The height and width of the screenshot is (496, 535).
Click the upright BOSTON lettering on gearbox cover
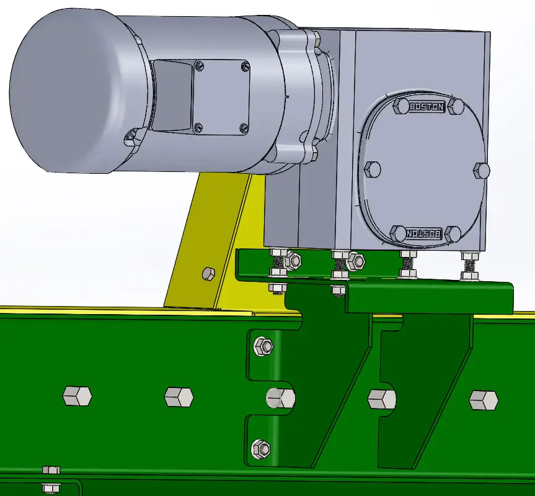427,107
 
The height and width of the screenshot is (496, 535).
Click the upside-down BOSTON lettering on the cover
425,234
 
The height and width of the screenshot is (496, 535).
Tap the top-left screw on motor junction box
199,65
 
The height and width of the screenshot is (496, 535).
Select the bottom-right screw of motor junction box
244,129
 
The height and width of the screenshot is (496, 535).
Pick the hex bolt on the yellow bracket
208,273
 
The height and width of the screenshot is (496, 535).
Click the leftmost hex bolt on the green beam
77,395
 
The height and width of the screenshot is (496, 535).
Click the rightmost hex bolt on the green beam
484,400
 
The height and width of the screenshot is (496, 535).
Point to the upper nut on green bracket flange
262,346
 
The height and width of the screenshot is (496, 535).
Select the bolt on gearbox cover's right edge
482,170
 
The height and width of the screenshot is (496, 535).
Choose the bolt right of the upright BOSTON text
456,107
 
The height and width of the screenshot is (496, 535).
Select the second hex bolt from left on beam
179,396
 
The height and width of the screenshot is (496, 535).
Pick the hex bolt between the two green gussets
381,399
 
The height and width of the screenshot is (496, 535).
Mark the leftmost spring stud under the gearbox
278,264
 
